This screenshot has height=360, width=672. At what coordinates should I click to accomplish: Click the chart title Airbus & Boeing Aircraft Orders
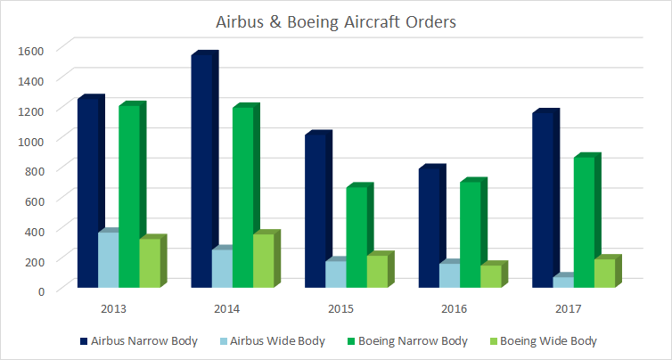tap(337, 22)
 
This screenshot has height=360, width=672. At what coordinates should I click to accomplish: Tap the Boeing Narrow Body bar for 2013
tap(128, 196)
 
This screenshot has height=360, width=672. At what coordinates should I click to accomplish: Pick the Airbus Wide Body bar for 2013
tap(108, 260)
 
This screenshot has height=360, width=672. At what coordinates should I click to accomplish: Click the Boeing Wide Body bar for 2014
tap(263, 261)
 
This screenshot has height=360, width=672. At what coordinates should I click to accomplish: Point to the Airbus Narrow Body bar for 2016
tap(429, 227)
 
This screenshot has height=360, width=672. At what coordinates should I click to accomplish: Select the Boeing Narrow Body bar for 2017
tap(583, 222)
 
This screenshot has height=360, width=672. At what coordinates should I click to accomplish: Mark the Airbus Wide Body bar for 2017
tap(562, 282)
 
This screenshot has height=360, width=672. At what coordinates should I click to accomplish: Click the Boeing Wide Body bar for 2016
tap(490, 276)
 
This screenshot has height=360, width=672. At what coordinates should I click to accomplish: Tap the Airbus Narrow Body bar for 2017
tap(542, 200)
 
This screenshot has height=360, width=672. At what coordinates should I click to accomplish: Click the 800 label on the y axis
tap(33, 170)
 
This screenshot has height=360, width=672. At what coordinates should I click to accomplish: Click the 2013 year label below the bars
tap(113, 309)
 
